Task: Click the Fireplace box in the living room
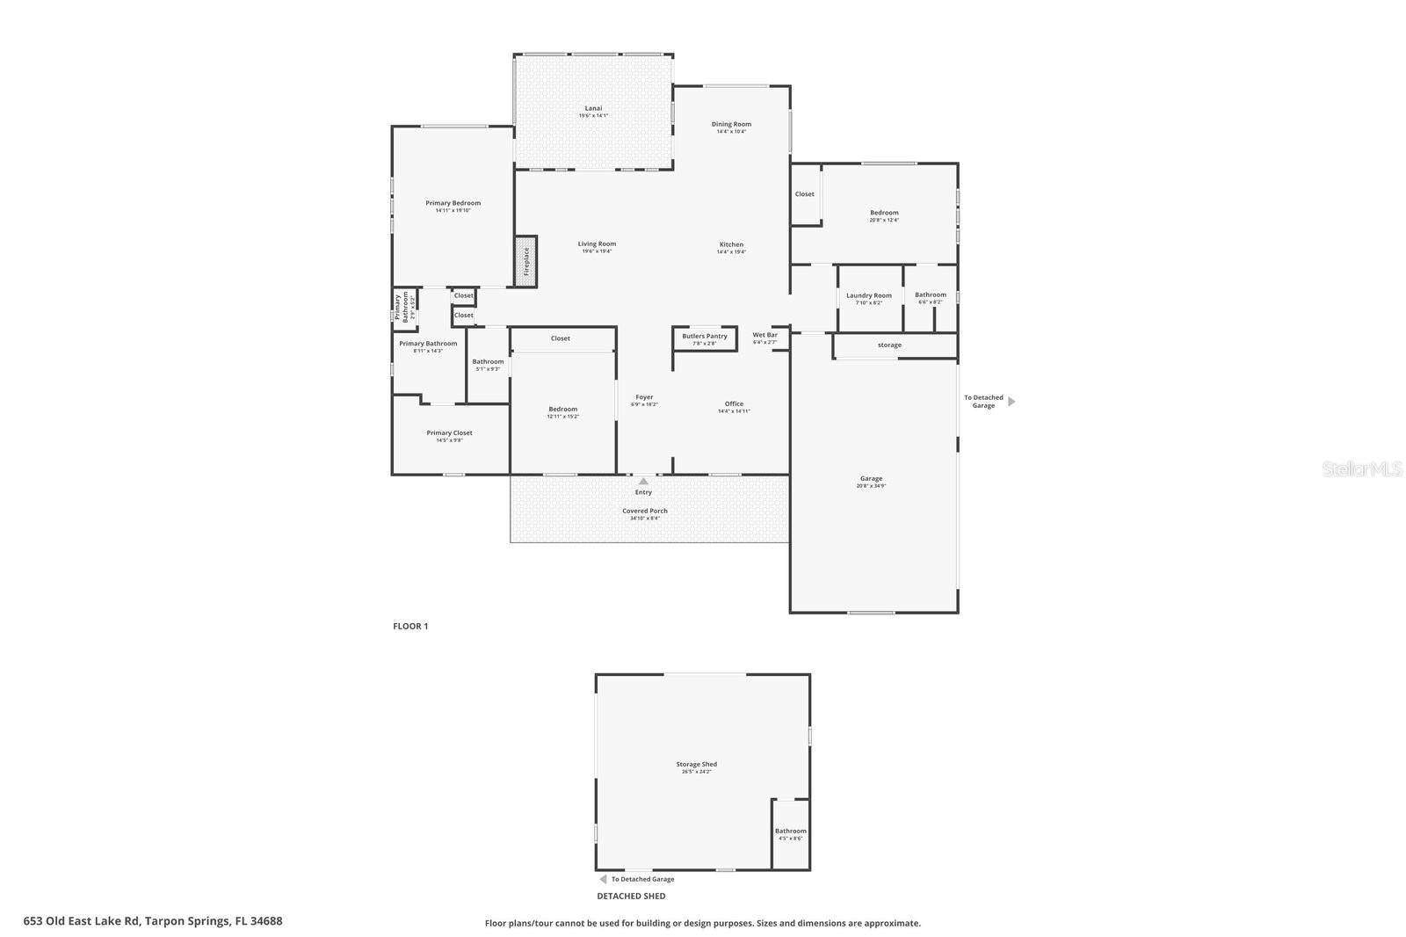(525, 260)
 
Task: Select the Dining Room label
(731, 124)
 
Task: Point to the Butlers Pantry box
(705, 338)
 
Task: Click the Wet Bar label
(765, 335)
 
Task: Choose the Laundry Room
(869, 298)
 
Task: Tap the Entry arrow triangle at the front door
(643, 481)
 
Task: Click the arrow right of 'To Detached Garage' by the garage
(1011, 402)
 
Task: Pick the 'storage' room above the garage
(889, 345)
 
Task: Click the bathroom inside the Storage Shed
(790, 833)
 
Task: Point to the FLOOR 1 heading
(410, 626)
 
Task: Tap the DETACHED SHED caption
(631, 896)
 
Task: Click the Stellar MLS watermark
(1361, 468)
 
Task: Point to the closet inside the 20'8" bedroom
(804, 194)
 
